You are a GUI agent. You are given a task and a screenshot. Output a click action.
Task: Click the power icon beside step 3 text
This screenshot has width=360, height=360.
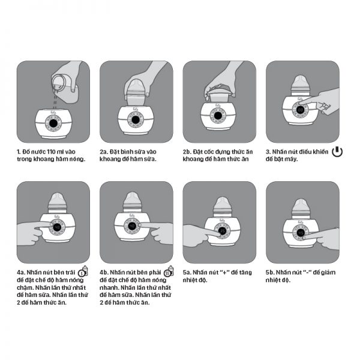coord(337,152)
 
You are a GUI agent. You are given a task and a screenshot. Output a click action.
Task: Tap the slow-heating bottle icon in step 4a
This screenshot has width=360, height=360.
coord(83,271)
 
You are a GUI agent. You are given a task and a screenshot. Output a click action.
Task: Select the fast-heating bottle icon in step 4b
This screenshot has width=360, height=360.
coord(169,271)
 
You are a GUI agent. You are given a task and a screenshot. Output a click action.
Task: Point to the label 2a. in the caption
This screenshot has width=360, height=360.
coord(104,152)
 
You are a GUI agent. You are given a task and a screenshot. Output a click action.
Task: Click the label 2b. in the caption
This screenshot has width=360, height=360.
coord(187,152)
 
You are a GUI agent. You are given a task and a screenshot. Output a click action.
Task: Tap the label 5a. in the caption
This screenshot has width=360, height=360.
coord(187,272)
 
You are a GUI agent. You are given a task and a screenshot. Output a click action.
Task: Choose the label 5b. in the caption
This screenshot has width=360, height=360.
coord(270,272)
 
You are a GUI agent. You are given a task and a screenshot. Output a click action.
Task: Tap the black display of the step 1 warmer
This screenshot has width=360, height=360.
coord(53,124)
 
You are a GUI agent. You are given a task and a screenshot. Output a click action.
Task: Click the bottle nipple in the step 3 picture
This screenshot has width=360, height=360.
coord(301,81)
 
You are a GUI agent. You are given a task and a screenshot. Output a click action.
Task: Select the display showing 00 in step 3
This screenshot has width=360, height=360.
coord(301,110)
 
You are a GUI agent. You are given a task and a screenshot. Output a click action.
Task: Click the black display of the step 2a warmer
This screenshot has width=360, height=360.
coord(135,119)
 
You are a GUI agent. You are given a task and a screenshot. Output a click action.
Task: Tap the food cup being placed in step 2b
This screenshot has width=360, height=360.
coord(218,94)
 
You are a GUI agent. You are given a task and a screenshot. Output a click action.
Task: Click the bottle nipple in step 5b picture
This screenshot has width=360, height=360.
coord(301,205)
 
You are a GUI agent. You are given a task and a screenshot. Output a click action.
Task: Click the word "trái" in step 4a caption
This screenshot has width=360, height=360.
coord(70,272)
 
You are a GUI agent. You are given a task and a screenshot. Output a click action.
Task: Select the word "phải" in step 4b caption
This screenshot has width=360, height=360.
coord(155,273)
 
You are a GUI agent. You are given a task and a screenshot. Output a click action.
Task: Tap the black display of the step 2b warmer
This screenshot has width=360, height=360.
coord(218,115)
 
